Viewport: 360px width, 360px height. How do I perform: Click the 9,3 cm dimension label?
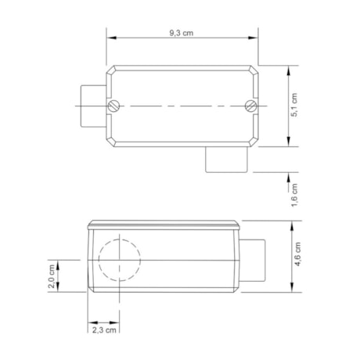pyautogui.click(x=182, y=33)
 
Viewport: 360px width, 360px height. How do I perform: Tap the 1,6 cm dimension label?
pyautogui.click(x=293, y=193)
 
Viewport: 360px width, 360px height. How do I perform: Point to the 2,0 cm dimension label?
pyautogui.click(x=52, y=275)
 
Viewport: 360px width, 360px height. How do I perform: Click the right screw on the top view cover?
pyautogui.click(x=250, y=106)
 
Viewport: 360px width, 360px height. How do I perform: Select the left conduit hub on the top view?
pyautogui.click(x=92, y=105)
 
